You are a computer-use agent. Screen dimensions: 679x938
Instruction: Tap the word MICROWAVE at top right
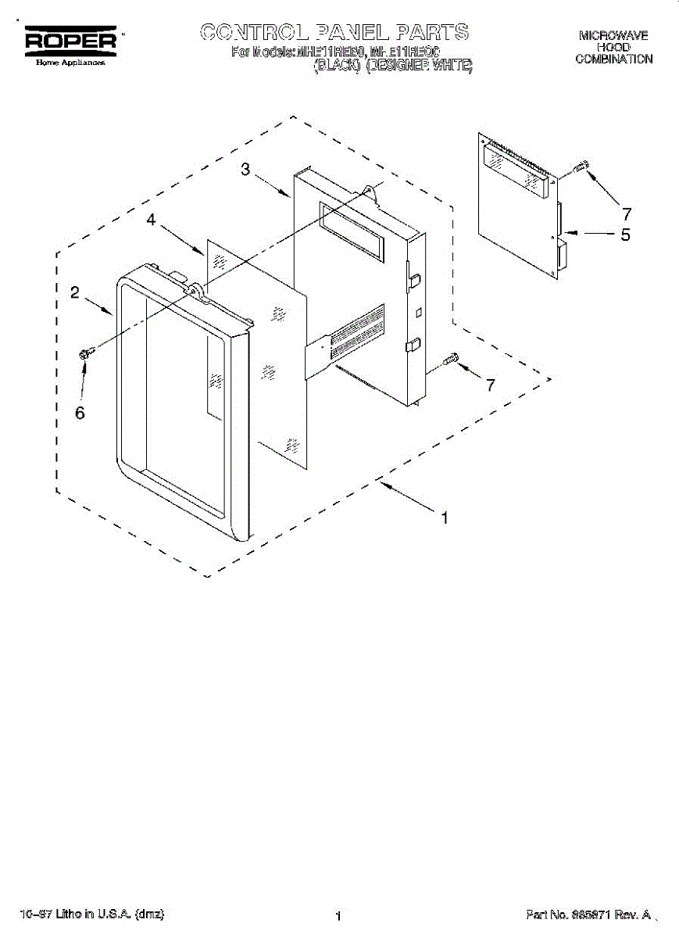click(613, 36)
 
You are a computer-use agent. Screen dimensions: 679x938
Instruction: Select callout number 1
click(445, 517)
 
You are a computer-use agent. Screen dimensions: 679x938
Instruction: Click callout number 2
click(74, 293)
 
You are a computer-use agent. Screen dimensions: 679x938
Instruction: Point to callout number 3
click(245, 170)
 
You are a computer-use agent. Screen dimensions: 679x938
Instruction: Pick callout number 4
click(151, 221)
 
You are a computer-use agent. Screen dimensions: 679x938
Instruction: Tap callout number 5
click(625, 234)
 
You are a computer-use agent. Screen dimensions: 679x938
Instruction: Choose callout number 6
click(80, 413)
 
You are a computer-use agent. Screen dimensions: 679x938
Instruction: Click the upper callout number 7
click(626, 212)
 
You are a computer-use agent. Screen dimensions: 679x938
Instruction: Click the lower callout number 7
click(490, 385)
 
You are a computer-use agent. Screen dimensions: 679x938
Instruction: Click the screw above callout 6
click(86, 353)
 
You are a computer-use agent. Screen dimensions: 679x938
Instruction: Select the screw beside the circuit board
click(581, 166)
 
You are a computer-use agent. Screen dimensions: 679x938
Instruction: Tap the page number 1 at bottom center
click(338, 916)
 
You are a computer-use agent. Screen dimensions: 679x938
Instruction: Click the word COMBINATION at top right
click(613, 59)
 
